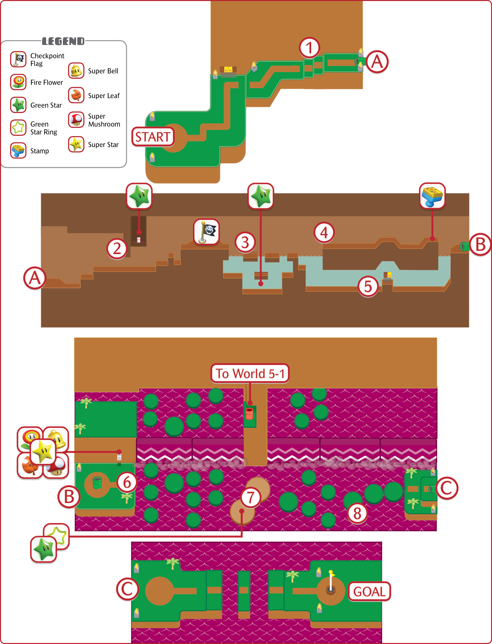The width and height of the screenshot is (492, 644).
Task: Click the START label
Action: [x=153, y=137]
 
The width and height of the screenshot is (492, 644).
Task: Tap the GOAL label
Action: [x=369, y=591]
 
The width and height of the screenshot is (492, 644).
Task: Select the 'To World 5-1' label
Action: [x=250, y=373]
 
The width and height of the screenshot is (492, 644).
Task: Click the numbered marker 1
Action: [x=309, y=48]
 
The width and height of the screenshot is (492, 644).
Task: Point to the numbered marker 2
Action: [x=117, y=248]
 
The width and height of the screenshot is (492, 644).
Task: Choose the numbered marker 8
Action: [x=357, y=513]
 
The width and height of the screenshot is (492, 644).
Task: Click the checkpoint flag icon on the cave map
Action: [x=207, y=232]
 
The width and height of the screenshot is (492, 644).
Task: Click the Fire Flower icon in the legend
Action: [x=18, y=82]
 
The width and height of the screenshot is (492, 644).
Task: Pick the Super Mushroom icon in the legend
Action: [x=76, y=120]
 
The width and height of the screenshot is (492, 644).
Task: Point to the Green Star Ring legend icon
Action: [x=18, y=127]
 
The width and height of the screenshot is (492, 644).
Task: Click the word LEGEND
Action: [x=63, y=41]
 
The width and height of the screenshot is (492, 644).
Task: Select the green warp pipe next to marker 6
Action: [x=97, y=483]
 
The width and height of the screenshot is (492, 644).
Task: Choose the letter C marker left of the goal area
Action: [x=127, y=589]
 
